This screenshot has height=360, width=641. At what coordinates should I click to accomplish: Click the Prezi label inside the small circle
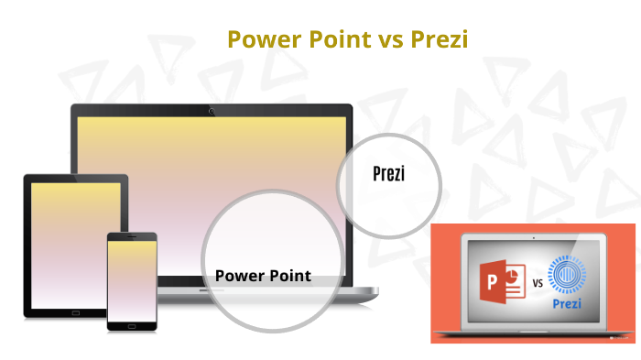tap(389, 172)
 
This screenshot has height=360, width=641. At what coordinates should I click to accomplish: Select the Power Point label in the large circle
tap(263, 275)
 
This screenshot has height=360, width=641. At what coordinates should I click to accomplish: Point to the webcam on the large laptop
tap(212, 111)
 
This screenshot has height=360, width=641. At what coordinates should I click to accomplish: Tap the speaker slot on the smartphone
tap(132, 236)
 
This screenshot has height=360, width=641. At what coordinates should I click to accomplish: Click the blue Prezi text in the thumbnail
tap(569, 304)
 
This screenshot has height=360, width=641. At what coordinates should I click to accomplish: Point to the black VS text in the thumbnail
tap(538, 284)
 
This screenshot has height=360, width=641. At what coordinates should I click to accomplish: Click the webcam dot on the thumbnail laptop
tap(533, 238)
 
